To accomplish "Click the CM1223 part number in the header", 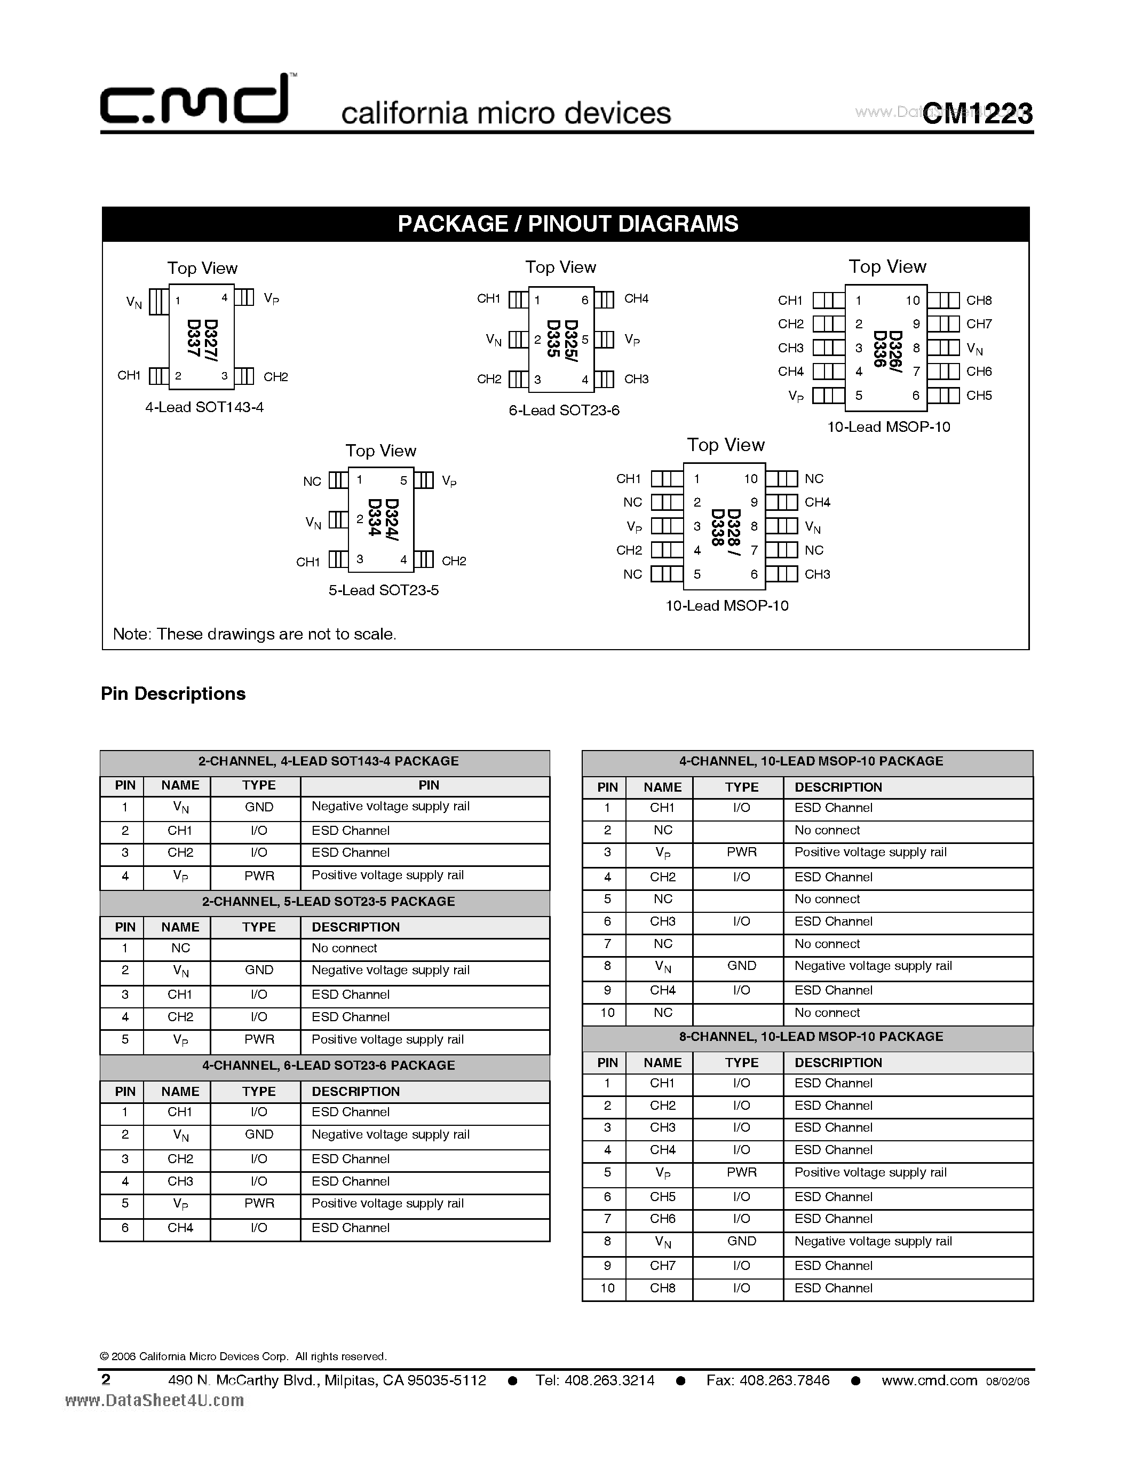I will [x=978, y=113].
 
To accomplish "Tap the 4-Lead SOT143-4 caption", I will [x=204, y=407].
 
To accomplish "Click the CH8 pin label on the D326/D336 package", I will [x=979, y=301].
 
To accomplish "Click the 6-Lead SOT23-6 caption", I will [x=564, y=410].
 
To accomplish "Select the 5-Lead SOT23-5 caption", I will [x=383, y=590].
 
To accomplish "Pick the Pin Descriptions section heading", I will [x=173, y=693].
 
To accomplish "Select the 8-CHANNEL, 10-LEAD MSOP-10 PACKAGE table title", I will [x=811, y=1037].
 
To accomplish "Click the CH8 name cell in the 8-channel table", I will [x=662, y=1288].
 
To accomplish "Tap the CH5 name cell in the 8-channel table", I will [x=662, y=1196].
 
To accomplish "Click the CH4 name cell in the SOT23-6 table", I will [x=180, y=1227].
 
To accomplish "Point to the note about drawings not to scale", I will [x=255, y=634].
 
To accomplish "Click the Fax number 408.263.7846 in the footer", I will [x=768, y=1380].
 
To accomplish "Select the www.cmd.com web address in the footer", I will [x=929, y=1380].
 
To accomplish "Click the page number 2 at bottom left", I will [x=106, y=1380].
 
